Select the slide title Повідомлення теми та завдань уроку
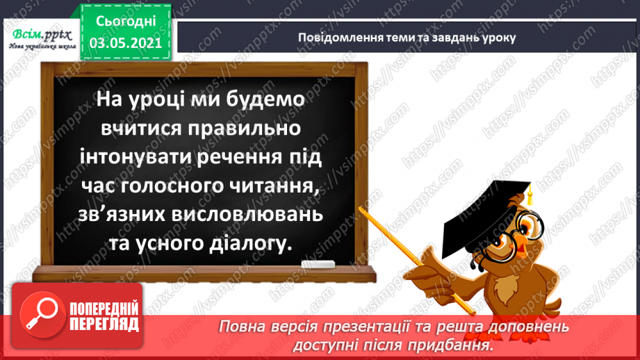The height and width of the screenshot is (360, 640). (x=407, y=37)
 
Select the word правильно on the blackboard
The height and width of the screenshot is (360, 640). (x=231, y=130)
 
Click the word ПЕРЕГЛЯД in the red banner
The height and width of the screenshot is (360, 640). (x=105, y=325)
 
